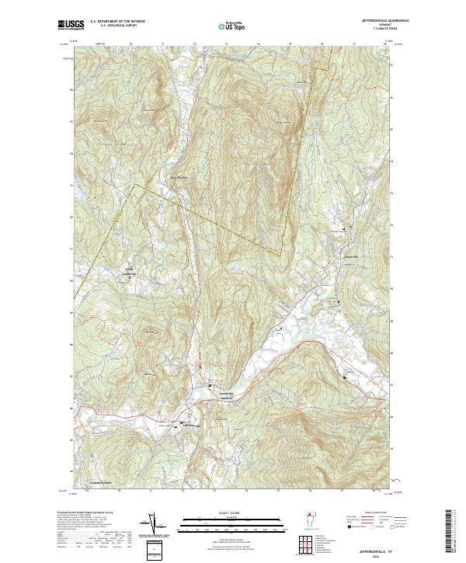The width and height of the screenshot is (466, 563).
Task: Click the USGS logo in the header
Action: click(68, 25)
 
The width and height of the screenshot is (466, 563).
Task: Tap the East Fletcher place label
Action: click(179, 175)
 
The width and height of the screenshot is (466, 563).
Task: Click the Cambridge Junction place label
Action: click(221, 395)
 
